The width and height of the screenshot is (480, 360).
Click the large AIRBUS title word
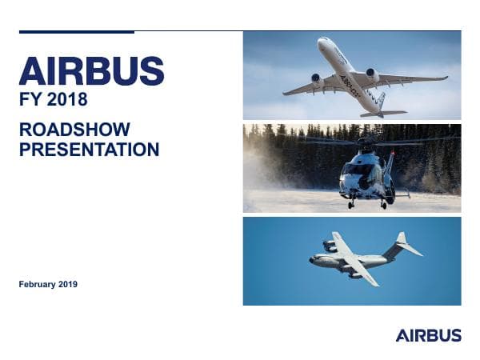pyautogui.click(x=91, y=72)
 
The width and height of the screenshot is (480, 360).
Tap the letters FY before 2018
pyautogui.click(x=30, y=101)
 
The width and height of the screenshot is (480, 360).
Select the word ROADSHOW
pyautogui.click(x=74, y=130)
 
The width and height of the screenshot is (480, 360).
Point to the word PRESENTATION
pyautogui.click(x=89, y=150)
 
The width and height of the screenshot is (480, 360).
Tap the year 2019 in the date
pyautogui.click(x=70, y=284)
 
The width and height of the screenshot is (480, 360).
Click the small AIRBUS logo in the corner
pyautogui.click(x=428, y=335)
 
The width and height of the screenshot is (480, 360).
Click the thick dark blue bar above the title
pyautogui.click(x=76, y=32)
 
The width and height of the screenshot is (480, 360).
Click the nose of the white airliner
pyautogui.click(x=322, y=41)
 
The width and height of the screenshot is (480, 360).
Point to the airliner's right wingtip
pyautogui.click(x=445, y=78)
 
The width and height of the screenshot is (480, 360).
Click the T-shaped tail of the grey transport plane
pyautogui.click(x=403, y=242)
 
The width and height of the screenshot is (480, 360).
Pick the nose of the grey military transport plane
pyautogui.click(x=311, y=258)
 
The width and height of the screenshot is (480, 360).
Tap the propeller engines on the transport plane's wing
pyautogui.click(x=330, y=246)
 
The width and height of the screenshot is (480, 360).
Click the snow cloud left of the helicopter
pyautogui.click(x=268, y=180)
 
